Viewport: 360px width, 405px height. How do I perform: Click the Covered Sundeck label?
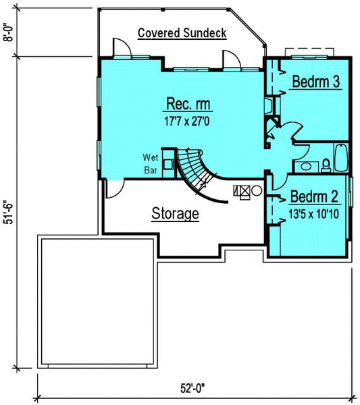182,33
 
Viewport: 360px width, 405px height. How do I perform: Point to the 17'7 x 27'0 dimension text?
187,121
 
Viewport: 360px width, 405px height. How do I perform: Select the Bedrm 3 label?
316,82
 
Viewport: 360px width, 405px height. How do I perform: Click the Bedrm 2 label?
314,196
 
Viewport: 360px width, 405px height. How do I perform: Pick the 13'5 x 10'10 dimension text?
313,214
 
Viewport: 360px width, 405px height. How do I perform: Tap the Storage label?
175,213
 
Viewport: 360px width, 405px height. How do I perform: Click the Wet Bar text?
151,164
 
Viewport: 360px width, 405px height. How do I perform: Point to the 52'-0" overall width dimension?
192,388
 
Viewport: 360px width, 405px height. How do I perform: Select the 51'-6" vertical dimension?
9,212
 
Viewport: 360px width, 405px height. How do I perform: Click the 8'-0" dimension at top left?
9,32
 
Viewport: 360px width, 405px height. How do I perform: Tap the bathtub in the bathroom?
341,157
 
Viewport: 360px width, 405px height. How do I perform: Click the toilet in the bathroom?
326,165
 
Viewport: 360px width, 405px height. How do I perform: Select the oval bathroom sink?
306,166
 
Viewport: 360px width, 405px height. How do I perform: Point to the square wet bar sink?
168,165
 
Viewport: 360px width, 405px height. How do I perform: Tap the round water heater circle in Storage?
257,190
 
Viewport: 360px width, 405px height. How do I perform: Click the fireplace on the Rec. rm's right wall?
269,105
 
